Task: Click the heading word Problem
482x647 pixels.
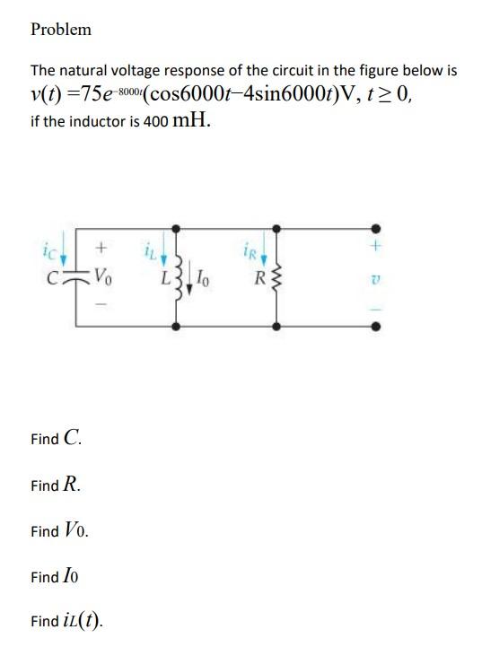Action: pos(61,30)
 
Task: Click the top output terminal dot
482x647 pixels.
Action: pos(376,227)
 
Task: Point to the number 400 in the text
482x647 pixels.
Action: pos(155,122)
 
